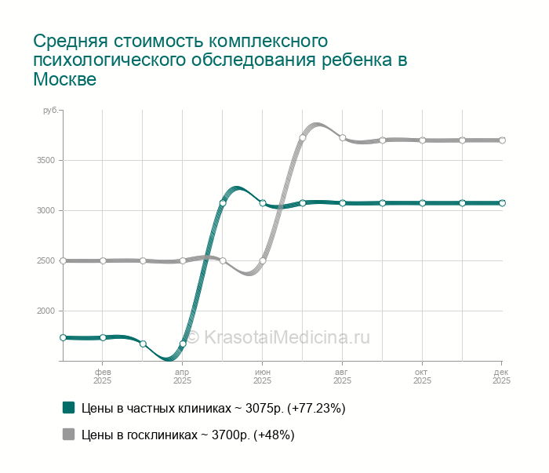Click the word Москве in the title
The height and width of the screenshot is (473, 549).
64,80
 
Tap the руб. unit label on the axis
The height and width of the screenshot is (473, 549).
50,111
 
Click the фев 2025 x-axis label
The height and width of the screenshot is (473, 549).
103,376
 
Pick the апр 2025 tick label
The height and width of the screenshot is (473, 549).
183,376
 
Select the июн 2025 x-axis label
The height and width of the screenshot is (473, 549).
263,376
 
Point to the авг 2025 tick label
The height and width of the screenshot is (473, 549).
342,376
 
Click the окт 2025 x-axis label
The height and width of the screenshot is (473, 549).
422,376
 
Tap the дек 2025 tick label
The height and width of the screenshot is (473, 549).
501,376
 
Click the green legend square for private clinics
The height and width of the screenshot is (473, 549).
68,408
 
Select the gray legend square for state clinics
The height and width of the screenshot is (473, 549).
68,435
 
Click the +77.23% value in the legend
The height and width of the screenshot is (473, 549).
317,409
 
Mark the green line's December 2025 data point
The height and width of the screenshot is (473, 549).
502,203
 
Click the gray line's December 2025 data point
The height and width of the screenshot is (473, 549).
502,140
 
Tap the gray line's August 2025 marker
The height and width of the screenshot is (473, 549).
343,138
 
